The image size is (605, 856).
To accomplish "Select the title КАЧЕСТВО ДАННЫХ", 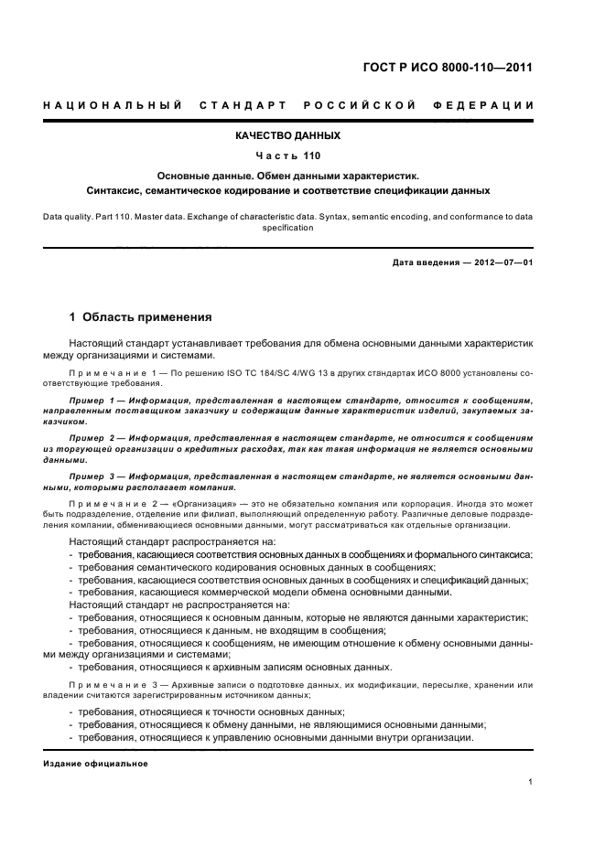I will tap(287, 135).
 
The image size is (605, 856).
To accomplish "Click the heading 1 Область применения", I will tap(141, 317).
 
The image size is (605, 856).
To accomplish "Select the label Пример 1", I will tap(92, 401).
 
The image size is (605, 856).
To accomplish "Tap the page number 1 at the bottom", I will tap(531, 781).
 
